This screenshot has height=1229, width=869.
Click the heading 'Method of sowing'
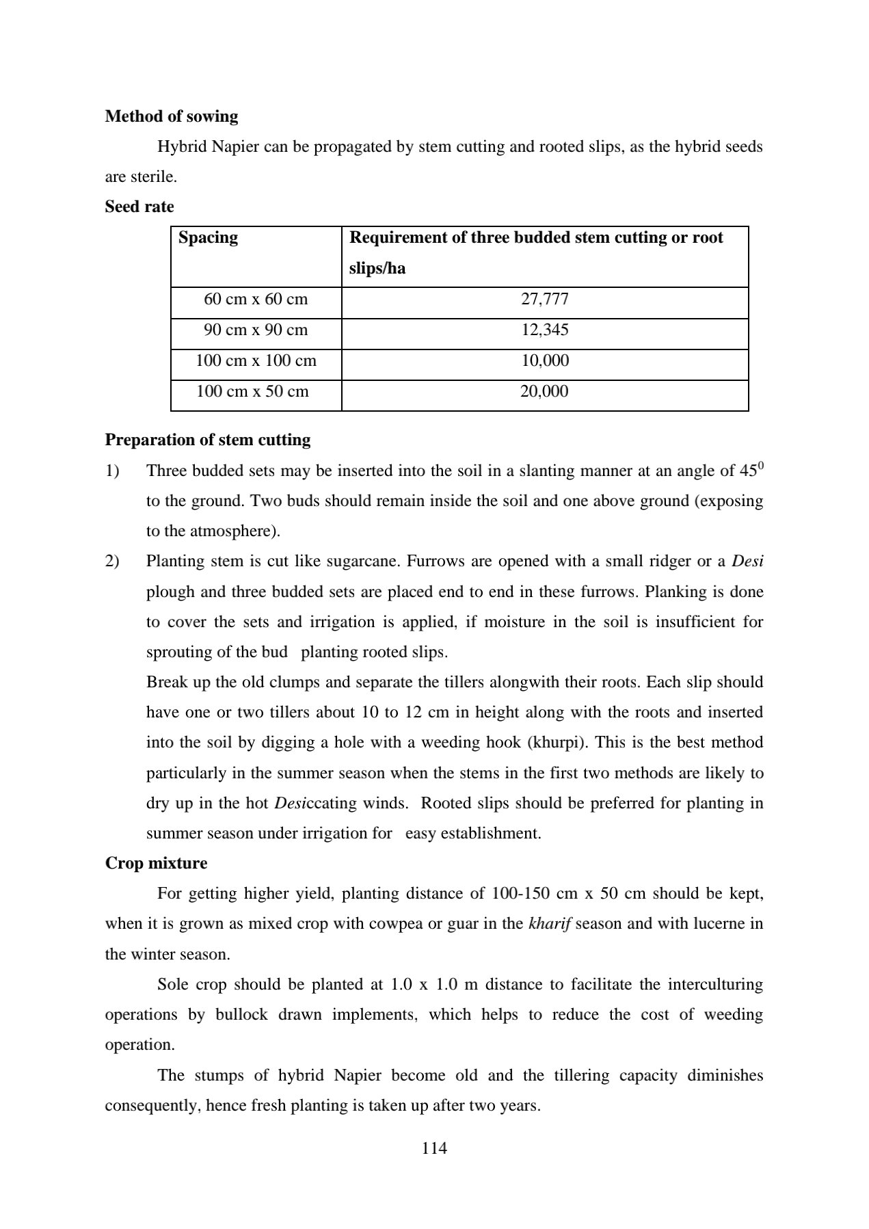pos(171,116)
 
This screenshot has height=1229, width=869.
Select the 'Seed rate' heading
pos(139,207)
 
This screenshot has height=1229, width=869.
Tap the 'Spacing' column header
pos(208,237)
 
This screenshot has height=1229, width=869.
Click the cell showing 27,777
pos(544,300)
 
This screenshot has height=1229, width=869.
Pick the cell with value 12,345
pos(544,330)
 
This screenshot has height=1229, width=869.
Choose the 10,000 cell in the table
pos(544,361)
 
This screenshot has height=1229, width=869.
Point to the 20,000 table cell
pos(544,392)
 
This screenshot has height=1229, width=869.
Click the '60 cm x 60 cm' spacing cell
pos(256,300)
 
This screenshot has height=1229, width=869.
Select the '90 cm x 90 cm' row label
pos(256,330)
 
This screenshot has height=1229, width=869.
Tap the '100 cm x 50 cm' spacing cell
pos(252,392)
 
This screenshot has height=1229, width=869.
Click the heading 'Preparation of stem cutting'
pos(207,440)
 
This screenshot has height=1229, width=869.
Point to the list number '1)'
pos(112,471)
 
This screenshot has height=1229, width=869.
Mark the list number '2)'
pos(112,561)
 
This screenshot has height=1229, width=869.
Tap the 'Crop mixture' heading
pos(156,863)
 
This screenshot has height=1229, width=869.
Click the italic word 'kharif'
pos(550,924)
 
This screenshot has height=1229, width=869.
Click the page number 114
pos(434,1148)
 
